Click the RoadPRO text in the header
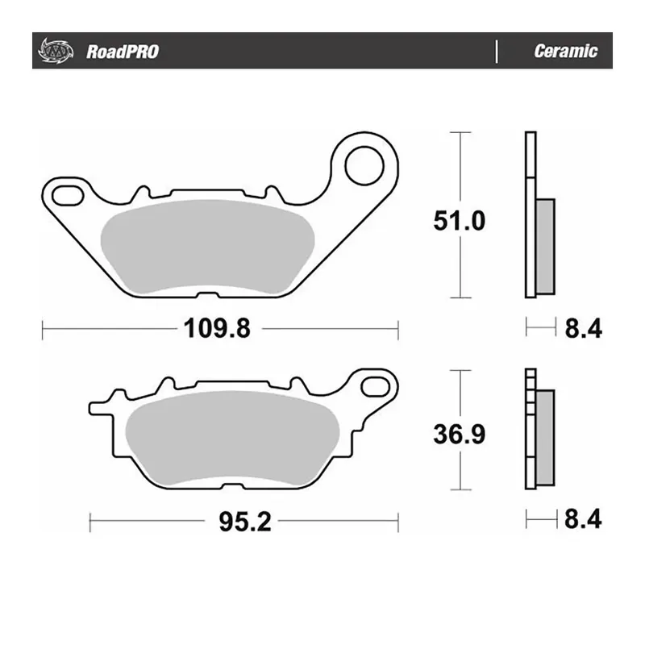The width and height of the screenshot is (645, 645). pos(121,52)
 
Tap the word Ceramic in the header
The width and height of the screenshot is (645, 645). pos(565,52)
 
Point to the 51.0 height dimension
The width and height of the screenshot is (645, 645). pos(459,220)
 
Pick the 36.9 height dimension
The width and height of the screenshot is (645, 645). pos(459,435)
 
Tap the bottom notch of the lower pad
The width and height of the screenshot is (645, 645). pos(232,488)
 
